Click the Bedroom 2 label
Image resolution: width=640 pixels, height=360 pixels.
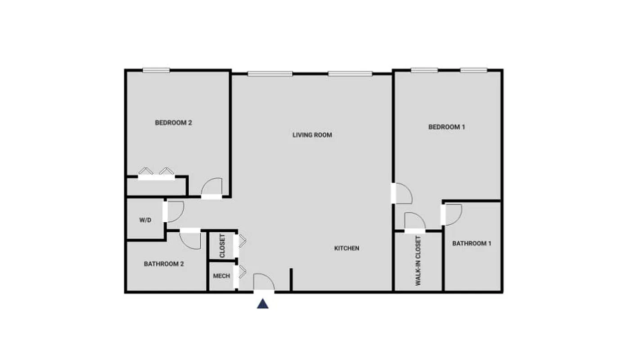click(x=173, y=122)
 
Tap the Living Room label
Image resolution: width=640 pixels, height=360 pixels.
click(x=312, y=135)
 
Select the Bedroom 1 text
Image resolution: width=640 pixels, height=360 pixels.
click(x=446, y=127)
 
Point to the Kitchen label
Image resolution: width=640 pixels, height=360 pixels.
click(x=347, y=248)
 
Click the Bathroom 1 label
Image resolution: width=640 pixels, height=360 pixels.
click(x=472, y=243)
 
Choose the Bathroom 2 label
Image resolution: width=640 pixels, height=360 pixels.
click(x=164, y=264)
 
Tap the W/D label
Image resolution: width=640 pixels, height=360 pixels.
click(x=145, y=220)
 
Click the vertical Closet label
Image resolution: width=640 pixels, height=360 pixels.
click(x=222, y=246)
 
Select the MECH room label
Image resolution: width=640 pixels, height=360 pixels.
click(x=221, y=276)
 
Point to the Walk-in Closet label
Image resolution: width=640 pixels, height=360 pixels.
click(x=418, y=261)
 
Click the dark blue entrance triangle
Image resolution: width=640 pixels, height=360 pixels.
click(x=263, y=304)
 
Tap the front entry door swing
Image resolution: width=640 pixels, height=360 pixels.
click(x=264, y=282)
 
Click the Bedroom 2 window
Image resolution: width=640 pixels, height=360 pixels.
click(x=156, y=70)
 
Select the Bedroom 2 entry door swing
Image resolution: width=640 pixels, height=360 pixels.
click(x=212, y=187)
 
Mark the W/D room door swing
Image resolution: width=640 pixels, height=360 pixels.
click(x=175, y=211)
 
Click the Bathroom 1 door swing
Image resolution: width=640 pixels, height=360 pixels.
click(x=453, y=214)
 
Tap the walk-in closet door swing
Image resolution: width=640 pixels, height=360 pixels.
click(x=415, y=221)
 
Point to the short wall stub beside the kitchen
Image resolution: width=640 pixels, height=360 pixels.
click(x=291, y=279)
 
